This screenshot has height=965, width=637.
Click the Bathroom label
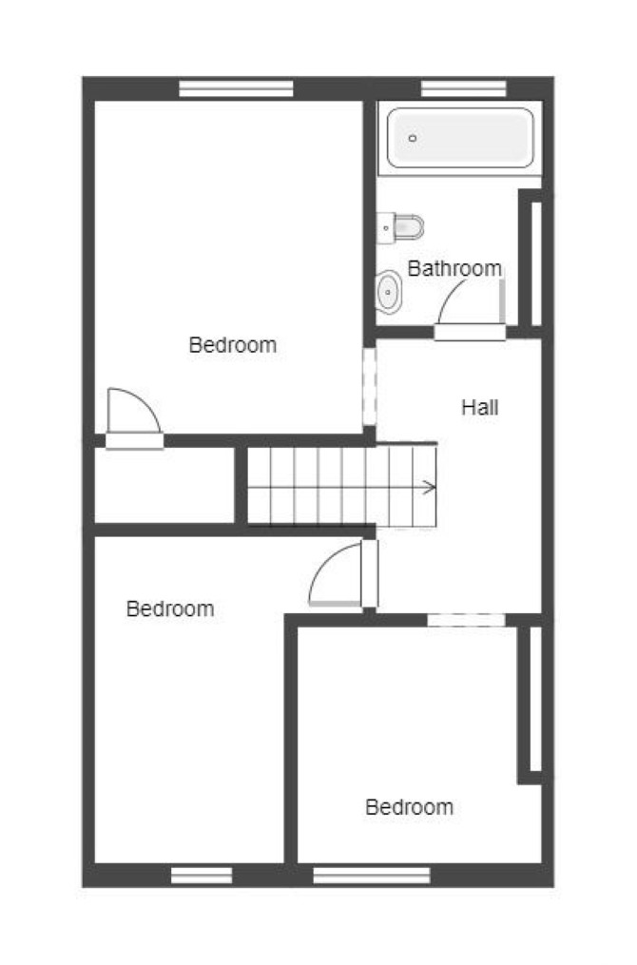point(454,268)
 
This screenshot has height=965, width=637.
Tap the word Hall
point(479,407)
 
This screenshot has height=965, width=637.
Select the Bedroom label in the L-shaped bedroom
point(170,608)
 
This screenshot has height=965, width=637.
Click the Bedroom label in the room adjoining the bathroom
point(233,344)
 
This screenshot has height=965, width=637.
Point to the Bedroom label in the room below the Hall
point(409,807)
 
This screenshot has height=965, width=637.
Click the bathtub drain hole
point(413,139)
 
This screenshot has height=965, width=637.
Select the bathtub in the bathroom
point(460,138)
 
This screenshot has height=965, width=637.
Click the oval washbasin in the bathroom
point(388,292)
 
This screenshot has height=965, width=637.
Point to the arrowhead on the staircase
point(430,488)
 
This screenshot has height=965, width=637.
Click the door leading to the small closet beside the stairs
point(134,419)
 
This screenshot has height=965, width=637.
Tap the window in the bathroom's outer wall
point(464,88)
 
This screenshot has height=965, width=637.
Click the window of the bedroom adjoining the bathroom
point(237,88)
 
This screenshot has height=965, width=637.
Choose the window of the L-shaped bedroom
point(202,875)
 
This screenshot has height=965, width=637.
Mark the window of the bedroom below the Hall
point(372,875)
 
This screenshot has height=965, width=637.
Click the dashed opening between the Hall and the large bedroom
point(369,387)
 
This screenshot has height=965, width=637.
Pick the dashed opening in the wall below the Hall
point(467,620)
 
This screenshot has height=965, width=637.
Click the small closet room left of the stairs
point(164,485)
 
